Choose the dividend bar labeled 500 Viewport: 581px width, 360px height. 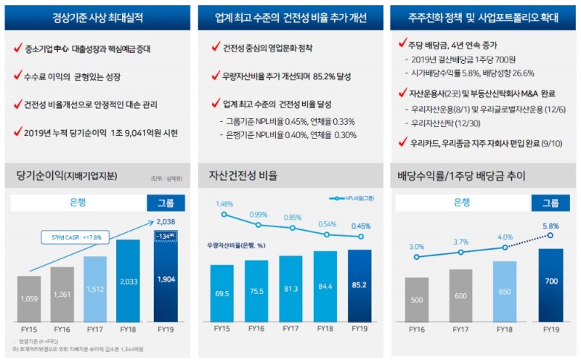click(x=416, y=299)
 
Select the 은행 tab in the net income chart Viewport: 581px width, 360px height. click(x=78, y=202)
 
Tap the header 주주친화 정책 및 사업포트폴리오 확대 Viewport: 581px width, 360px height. click(x=484, y=16)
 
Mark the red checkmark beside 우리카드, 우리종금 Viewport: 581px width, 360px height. click(x=402, y=142)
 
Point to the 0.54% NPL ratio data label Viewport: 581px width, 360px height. click(x=326, y=224)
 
